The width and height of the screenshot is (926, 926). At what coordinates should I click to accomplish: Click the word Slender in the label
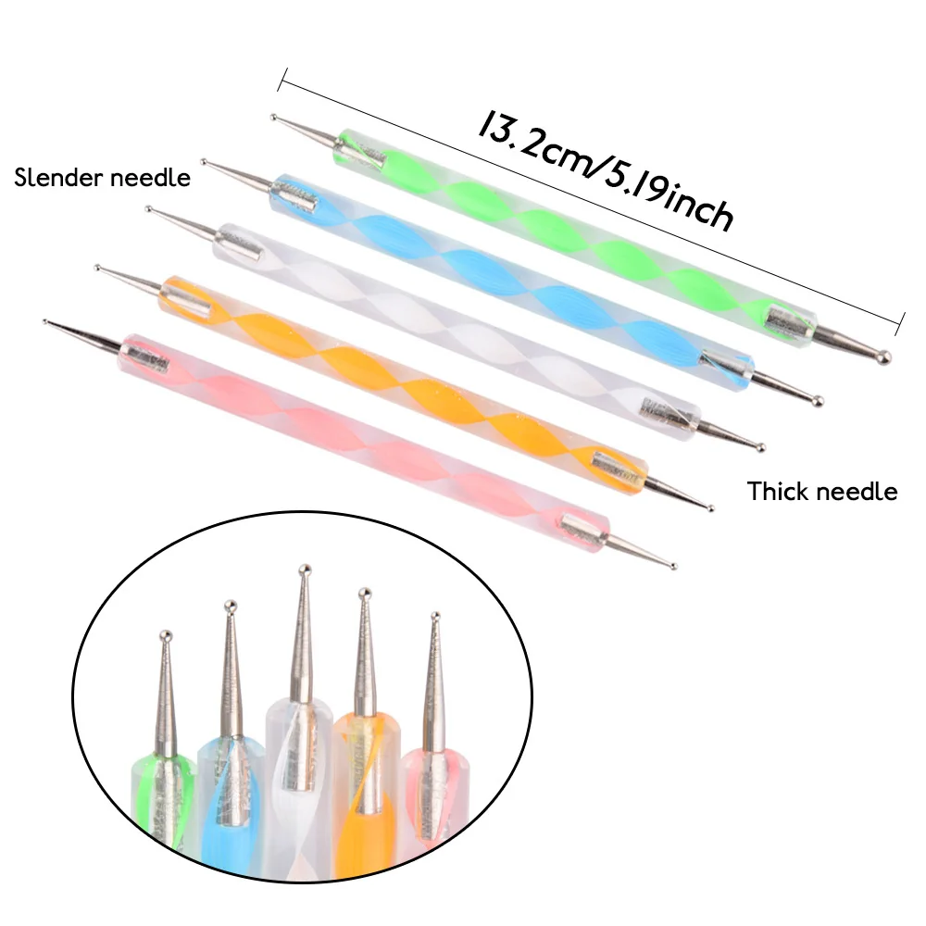coord(58,178)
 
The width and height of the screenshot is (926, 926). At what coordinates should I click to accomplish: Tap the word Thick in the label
coord(775,492)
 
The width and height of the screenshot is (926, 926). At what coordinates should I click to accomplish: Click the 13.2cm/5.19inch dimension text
coord(606,169)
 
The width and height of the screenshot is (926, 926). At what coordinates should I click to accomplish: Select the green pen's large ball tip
coord(884,357)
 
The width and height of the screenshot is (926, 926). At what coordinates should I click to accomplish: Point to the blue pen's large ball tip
coord(818,401)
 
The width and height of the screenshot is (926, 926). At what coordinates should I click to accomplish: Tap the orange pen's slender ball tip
coord(98,269)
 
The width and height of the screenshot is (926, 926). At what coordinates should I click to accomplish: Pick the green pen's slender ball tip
coord(273,118)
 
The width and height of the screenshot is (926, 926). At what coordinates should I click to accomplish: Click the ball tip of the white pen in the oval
coord(304,569)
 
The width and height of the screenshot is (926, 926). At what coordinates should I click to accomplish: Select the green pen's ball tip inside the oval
coord(166,636)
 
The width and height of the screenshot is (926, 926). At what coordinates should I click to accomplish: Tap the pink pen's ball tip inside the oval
coord(435,617)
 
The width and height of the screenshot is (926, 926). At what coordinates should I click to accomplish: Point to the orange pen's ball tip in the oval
coord(365,593)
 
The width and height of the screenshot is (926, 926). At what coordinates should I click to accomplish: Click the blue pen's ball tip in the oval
coord(231,606)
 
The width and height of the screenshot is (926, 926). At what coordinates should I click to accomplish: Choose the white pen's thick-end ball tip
coord(761,448)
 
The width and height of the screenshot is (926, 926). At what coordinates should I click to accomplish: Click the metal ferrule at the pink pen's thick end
coord(582,528)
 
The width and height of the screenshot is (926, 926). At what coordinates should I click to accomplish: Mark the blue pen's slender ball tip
coord(204,162)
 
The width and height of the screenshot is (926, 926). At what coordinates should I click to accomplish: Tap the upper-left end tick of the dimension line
coord(282,79)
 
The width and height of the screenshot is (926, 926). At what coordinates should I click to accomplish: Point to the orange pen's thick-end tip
coord(710,507)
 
